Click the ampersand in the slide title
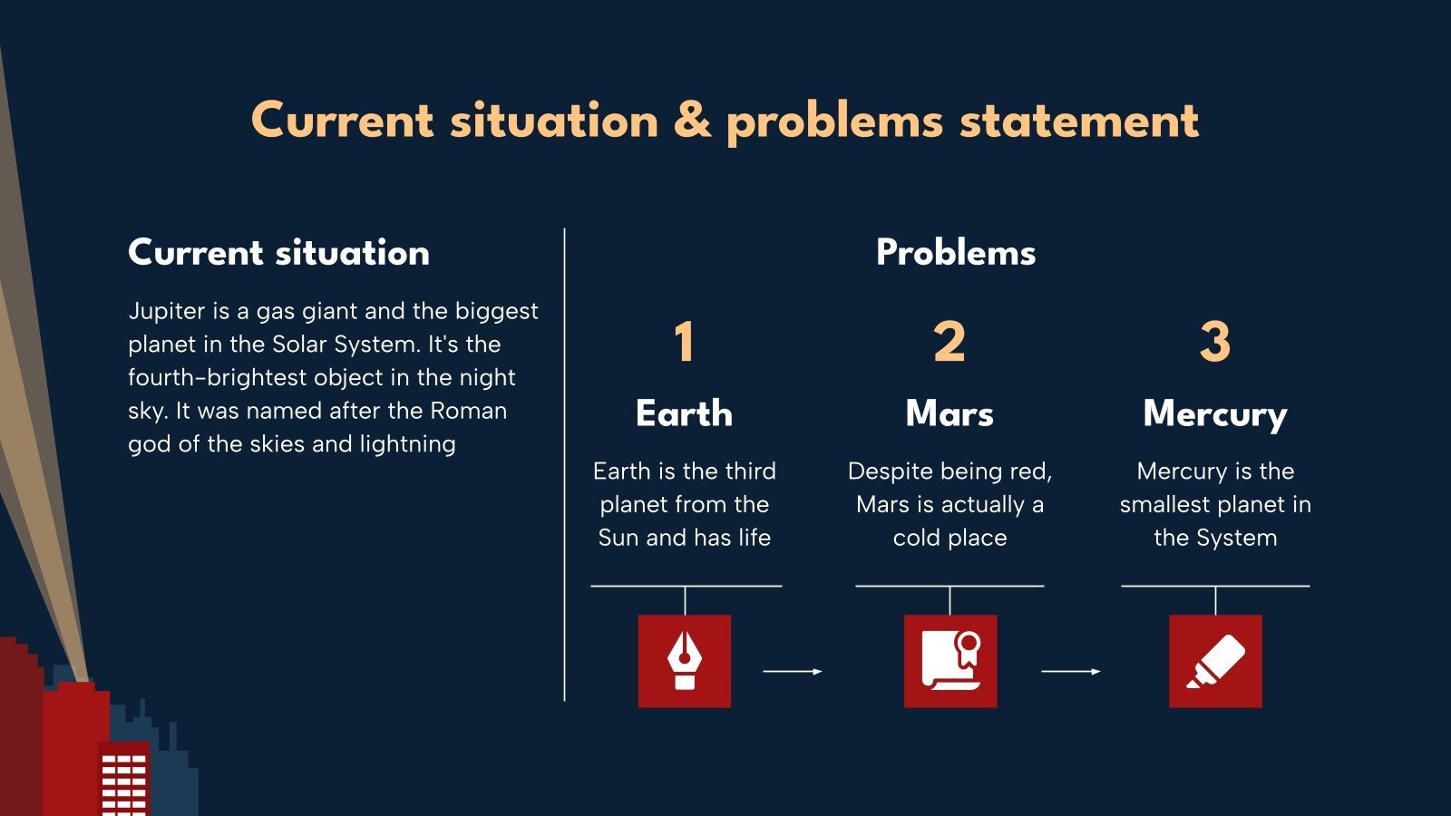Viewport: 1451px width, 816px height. click(692, 121)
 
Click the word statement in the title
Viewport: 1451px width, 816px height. click(1079, 121)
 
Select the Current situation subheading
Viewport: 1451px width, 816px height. click(278, 253)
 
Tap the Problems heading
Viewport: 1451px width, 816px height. click(956, 253)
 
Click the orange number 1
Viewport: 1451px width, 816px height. click(685, 341)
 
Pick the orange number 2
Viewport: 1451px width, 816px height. click(949, 341)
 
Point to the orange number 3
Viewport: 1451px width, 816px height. click(1215, 341)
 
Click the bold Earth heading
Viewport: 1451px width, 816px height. click(684, 413)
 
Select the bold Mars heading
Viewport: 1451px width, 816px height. click(949, 413)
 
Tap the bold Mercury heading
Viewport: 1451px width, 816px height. click(1215, 414)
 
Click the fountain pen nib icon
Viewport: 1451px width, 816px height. click(685, 661)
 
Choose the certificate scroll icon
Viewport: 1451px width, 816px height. click(951, 661)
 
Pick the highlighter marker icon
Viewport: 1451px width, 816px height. click(1216, 661)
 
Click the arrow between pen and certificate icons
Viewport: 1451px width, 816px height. click(793, 672)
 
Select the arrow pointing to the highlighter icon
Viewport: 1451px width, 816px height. click(1071, 672)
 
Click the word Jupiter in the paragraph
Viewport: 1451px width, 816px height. click(167, 312)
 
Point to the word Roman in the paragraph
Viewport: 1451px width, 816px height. click(468, 412)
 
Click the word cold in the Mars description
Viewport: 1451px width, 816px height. click(916, 538)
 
